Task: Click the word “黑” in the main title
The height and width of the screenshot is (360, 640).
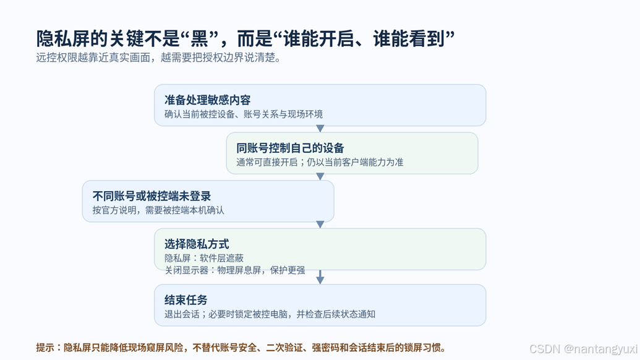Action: click(199, 39)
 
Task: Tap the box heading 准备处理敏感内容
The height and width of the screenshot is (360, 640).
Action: click(207, 100)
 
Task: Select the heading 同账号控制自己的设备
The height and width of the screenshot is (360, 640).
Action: click(290, 148)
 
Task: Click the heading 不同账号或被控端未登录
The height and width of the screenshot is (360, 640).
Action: click(152, 196)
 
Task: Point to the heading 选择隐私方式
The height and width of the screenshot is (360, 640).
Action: click(197, 244)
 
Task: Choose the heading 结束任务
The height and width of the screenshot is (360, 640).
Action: click(186, 300)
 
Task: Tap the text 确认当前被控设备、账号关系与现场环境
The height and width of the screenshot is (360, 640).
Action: click(244, 114)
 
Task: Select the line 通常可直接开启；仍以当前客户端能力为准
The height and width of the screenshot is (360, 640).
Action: click(320, 162)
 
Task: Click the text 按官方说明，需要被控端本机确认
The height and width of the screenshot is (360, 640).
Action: click(158, 210)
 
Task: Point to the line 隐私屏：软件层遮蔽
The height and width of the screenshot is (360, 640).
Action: click(204, 258)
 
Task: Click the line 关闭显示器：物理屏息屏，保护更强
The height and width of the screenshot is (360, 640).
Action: click(235, 270)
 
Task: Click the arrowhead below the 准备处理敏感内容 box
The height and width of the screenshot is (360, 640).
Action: click(320, 129)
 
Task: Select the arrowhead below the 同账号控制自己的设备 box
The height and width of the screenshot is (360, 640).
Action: click(320, 176)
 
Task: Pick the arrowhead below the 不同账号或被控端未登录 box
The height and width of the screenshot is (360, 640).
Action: click(320, 225)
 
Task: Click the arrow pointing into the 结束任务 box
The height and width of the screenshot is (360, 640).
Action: click(320, 276)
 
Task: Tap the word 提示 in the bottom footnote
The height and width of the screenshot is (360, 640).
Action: click(45, 348)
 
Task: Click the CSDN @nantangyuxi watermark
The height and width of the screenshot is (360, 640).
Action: click(583, 349)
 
